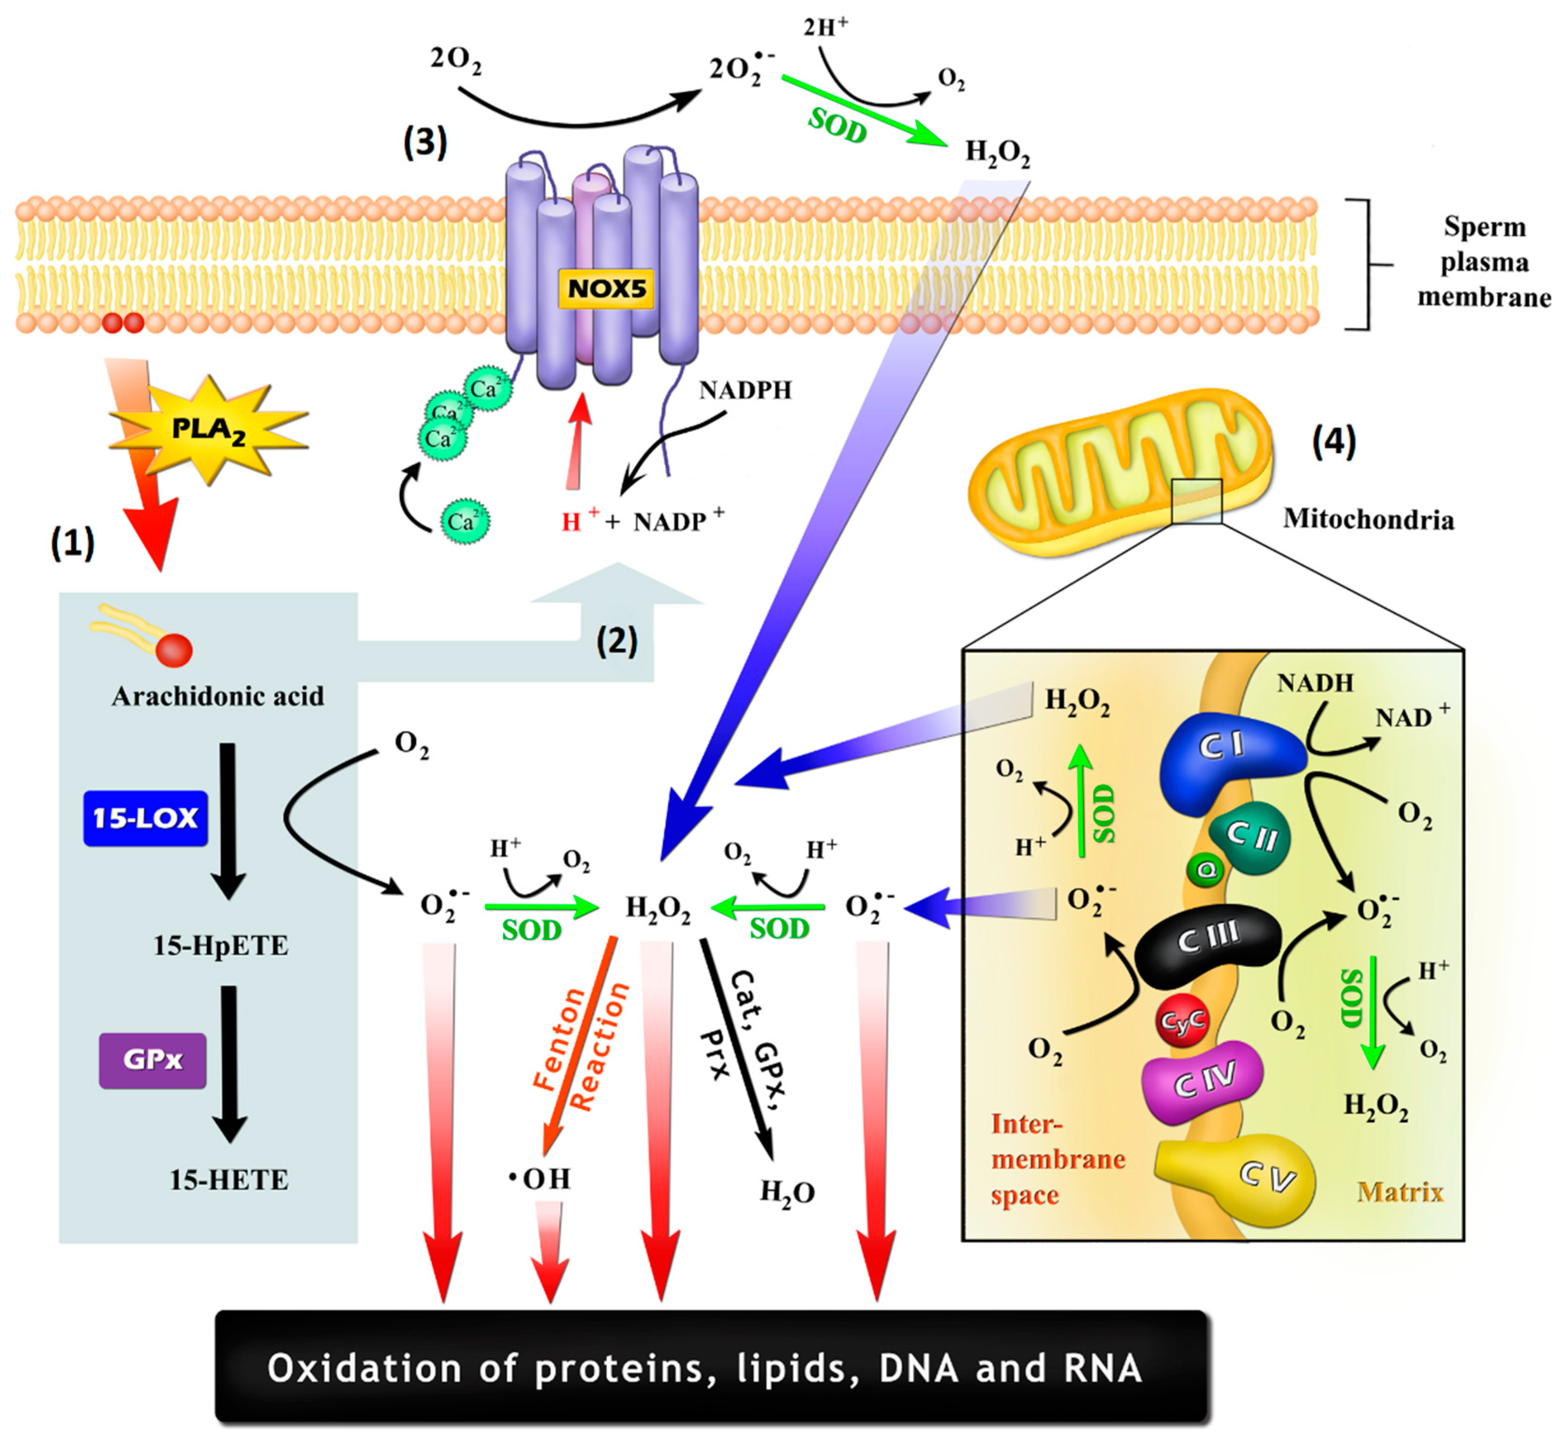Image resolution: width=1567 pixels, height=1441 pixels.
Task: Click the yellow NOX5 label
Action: coord(606,288)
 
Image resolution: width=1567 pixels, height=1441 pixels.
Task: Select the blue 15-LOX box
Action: coord(146,818)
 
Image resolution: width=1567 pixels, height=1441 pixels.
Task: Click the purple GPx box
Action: coord(153,1060)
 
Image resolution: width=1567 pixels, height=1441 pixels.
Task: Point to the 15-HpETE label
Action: coord(221,946)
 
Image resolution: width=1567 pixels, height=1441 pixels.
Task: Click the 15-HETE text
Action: coord(229,1180)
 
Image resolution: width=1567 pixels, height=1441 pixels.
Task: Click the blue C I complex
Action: coord(1224,756)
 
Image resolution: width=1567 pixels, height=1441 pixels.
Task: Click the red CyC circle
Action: coord(1182,1021)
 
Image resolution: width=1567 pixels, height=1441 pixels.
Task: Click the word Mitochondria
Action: coord(1368,519)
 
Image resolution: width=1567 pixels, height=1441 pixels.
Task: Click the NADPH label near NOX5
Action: coord(745,390)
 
